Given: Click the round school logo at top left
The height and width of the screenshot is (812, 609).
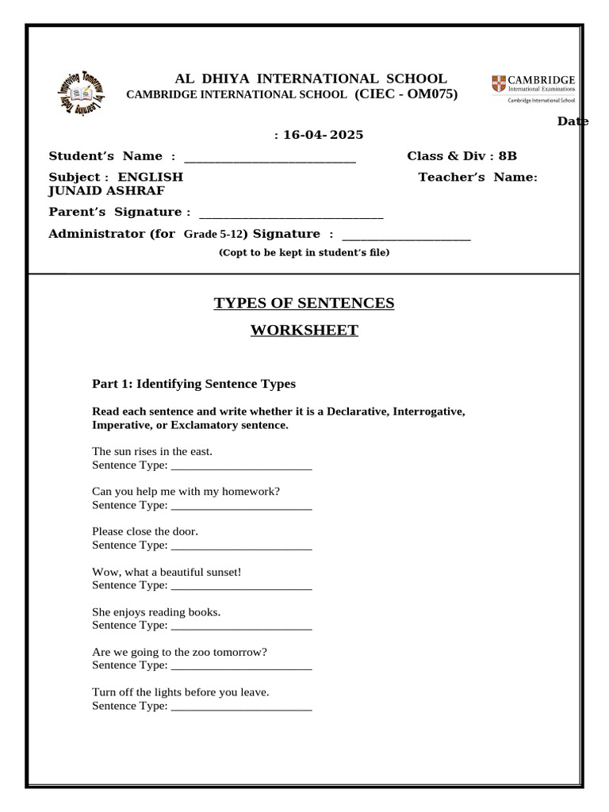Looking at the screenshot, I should point(81,94).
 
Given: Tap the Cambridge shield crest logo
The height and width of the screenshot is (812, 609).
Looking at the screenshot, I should point(497,83).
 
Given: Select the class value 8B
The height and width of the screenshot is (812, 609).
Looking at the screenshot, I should point(507,155).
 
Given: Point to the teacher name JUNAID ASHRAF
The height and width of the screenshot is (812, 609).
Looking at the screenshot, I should point(107,191).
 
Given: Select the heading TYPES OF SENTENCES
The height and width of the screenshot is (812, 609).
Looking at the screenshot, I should point(304,303).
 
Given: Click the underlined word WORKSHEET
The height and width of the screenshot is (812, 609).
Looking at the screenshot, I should point(304,331).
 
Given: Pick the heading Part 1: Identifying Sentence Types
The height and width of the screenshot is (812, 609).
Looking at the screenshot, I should point(193,384).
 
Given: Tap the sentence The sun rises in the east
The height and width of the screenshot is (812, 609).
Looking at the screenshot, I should point(152,451).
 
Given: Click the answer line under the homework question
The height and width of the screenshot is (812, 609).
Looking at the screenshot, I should point(241,507).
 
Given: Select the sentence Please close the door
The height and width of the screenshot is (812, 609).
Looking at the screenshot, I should point(145,531).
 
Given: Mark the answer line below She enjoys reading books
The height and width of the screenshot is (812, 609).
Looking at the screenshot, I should point(241,627).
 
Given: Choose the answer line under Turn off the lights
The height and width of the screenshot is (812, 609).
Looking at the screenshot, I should point(241,708).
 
